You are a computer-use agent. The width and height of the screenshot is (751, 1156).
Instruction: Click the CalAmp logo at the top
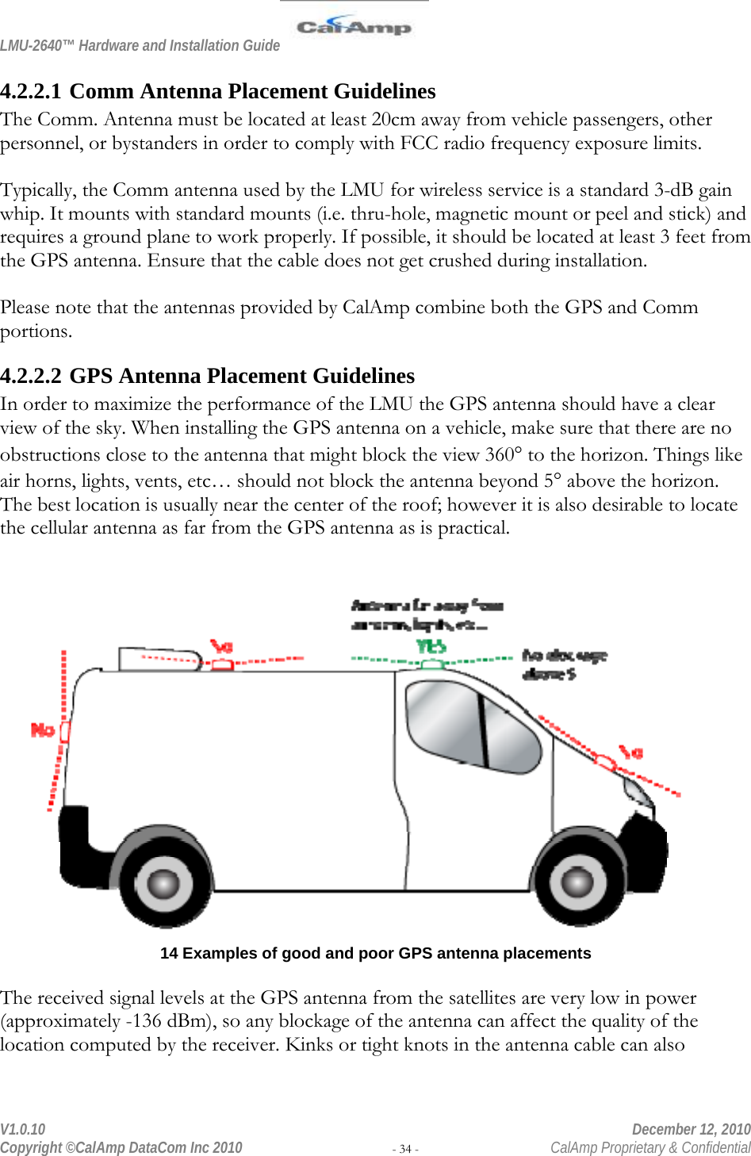[354, 26]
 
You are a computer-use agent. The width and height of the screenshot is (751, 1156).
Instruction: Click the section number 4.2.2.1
[32, 92]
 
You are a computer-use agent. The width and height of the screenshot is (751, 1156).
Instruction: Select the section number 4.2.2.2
[32, 376]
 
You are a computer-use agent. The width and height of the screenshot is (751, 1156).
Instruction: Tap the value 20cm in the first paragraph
[392, 120]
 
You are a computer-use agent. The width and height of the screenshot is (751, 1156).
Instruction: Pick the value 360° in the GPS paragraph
[504, 455]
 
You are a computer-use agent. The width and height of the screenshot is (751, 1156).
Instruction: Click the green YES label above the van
[431, 647]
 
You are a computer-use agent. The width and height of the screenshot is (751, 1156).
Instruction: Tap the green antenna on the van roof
[432, 664]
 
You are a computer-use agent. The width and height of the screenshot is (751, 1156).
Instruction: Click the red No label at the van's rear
[42, 729]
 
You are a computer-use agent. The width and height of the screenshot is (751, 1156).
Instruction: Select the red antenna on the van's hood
[606, 762]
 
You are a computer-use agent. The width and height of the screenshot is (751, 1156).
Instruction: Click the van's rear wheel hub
[164, 882]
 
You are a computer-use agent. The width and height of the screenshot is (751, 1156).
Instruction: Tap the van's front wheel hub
[577, 882]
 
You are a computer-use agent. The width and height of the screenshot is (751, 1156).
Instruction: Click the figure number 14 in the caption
[168, 954]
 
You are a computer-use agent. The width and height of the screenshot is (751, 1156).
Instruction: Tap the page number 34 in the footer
[405, 1149]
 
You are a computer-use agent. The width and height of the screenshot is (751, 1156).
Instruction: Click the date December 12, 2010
[691, 1129]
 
